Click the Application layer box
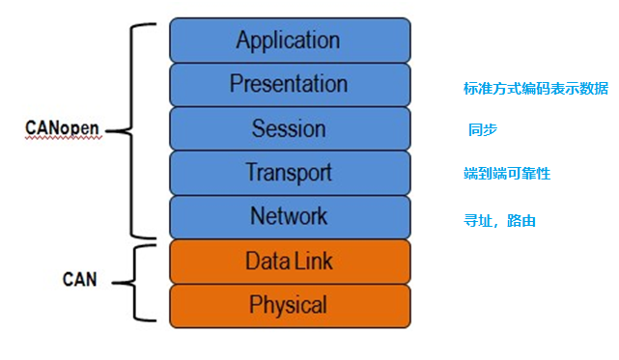click(289, 41)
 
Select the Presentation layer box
click(289, 85)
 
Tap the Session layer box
click(289, 128)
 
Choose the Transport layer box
click(289, 173)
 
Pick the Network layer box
click(289, 216)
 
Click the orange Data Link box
click(289, 261)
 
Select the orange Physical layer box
click(289, 305)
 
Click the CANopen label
click(62, 129)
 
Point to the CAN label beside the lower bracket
click(81, 281)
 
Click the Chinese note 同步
click(483, 130)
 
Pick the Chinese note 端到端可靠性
click(507, 174)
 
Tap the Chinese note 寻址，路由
click(500, 221)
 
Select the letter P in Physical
click(255, 305)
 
